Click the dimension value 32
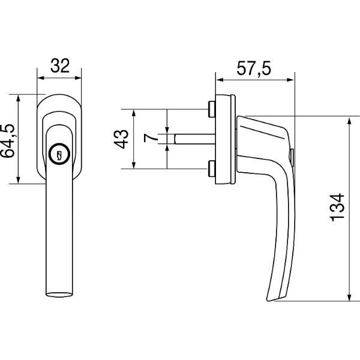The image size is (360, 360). (x=60, y=66)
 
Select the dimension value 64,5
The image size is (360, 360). (x=8, y=141)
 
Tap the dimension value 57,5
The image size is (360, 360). (x=254, y=68)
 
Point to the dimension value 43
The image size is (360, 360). (x=121, y=139)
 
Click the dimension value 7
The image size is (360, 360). (x=151, y=139)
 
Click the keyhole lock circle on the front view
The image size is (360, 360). (x=59, y=154)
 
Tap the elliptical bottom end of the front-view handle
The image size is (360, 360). (x=59, y=295)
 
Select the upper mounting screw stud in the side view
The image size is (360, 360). (x=211, y=109)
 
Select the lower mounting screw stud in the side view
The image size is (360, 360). (x=211, y=169)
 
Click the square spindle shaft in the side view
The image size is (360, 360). (x=194, y=139)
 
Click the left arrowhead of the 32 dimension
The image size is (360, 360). (x=40, y=78)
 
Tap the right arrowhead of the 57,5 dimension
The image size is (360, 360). (x=290, y=80)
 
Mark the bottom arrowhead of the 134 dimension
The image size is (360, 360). (x=349, y=297)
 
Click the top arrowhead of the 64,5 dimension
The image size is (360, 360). (x=19, y=98)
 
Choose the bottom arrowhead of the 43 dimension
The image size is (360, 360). (x=134, y=165)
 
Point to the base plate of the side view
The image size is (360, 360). (x=225, y=139)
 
